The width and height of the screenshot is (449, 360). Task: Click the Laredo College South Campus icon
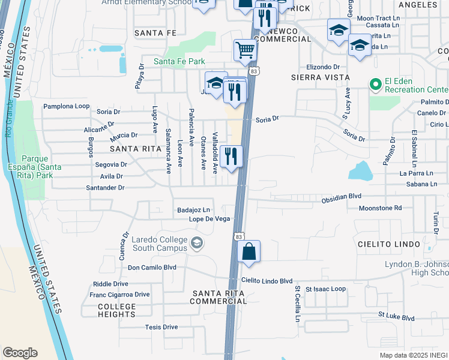(196, 243)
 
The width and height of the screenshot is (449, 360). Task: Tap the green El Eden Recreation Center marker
(376, 85)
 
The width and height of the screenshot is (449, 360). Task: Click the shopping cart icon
(245, 50)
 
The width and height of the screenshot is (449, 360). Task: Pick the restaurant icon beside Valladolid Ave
(231, 156)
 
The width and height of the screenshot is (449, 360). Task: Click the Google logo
(20, 353)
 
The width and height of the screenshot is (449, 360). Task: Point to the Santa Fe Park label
(179, 61)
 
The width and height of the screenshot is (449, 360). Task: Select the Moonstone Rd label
(379, 208)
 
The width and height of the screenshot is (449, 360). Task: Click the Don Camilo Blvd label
(152, 268)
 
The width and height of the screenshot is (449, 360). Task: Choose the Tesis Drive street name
(161, 327)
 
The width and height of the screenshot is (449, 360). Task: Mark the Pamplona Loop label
(66, 106)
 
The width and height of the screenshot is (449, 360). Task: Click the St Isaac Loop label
(325, 289)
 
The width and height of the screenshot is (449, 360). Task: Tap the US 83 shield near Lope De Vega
(238, 232)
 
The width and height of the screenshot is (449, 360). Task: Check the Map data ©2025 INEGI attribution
(414, 355)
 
